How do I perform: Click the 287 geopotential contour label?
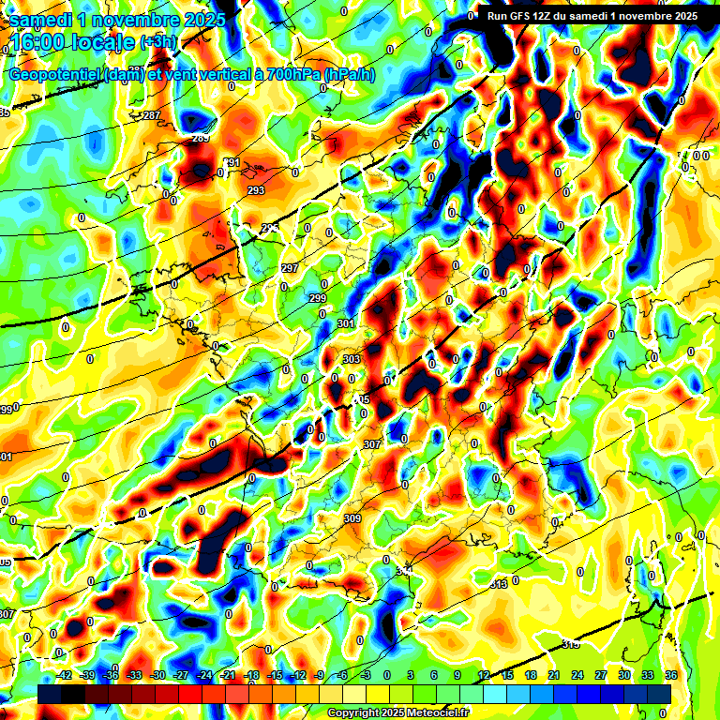coord(152,115)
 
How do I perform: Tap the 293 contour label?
coord(256,190)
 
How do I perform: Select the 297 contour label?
coord(290,268)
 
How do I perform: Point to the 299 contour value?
coord(318,298)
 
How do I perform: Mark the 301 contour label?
coord(346,324)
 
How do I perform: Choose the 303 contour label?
coord(352,359)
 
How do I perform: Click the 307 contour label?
coord(371,444)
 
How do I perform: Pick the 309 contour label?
coord(352,518)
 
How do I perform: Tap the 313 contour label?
coord(499,584)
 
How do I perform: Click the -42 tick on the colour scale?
coord(65,675)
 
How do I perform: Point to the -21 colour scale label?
coord(227,675)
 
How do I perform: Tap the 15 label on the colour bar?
coord(507,675)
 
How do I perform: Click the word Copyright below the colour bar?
coord(355,712)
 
